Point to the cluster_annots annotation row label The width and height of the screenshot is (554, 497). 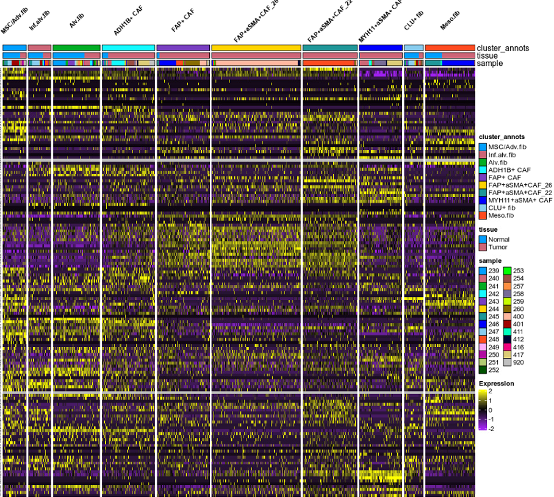pyautogui.click(x=503, y=48)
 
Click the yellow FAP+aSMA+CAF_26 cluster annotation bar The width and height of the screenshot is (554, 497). pyautogui.click(x=256, y=48)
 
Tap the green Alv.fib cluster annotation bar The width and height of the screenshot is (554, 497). pyautogui.click(x=76, y=48)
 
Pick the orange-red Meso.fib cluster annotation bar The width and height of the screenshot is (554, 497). pyautogui.click(x=450, y=48)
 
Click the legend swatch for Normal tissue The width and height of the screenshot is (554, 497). pyautogui.click(x=483, y=240)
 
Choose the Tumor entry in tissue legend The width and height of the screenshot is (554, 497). pyautogui.click(x=498, y=247)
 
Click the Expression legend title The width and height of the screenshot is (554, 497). pyautogui.click(x=496, y=384)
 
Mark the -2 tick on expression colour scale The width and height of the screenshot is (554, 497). pyautogui.click(x=492, y=429)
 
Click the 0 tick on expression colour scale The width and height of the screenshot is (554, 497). pyautogui.click(x=491, y=410)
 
